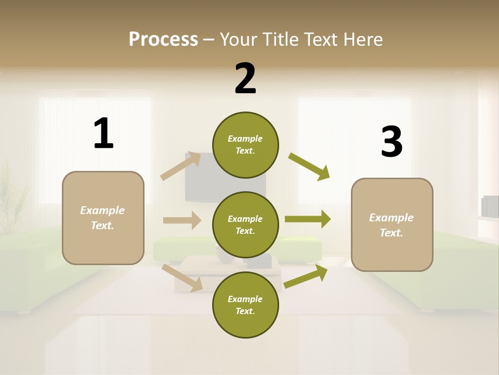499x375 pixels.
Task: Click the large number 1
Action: (103, 133)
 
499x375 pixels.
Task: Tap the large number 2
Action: (245, 79)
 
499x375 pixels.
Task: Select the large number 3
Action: (391, 142)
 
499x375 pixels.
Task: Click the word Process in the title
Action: (163, 39)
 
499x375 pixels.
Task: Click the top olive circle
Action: (245, 145)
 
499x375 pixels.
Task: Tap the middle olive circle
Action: (245, 224)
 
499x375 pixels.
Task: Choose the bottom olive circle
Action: (245, 305)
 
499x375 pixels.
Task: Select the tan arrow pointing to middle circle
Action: (182, 220)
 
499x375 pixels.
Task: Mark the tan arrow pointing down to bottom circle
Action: (182, 277)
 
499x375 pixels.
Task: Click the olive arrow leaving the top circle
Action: (309, 167)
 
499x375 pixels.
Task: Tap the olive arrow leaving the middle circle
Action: (308, 219)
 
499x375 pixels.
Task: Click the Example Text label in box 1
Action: (102, 218)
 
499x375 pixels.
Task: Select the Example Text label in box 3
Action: (391, 225)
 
